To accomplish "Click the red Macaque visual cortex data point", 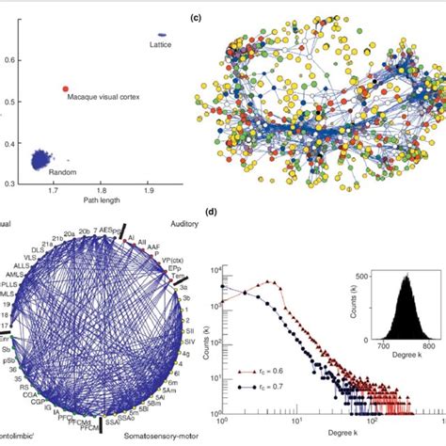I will click(66, 89).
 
